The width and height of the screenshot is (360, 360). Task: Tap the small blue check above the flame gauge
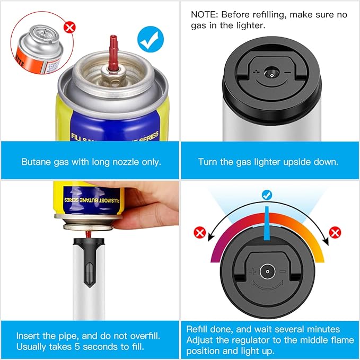pyautogui.click(x=267, y=196)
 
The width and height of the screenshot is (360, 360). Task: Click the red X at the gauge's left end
pyautogui.click(x=200, y=233)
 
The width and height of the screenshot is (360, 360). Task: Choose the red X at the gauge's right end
pyautogui.click(x=335, y=232)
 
